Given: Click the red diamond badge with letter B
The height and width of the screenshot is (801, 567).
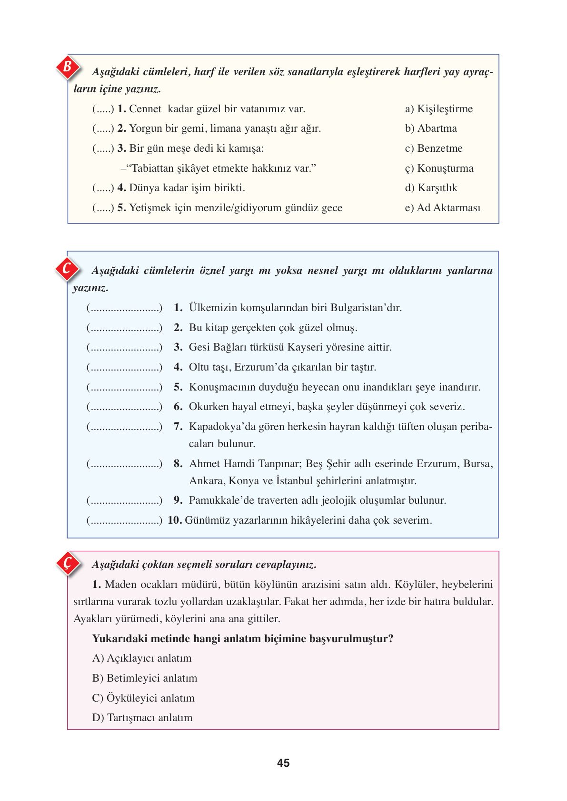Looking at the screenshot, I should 68,67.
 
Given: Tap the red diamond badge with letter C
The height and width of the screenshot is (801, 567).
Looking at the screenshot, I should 67,269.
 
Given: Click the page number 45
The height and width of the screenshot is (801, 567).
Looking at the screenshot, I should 283,763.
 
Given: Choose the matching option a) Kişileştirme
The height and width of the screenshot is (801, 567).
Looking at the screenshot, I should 438,109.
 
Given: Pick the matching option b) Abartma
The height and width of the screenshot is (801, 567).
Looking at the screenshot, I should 431,128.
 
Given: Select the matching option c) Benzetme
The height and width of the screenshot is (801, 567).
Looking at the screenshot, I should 434,148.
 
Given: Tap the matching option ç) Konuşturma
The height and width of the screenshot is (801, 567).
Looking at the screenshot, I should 439,168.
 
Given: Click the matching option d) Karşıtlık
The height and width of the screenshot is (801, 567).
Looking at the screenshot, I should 431,188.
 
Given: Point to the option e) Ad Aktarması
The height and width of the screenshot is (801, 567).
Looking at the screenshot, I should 442,208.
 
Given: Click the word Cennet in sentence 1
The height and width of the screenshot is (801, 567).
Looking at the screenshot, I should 145,109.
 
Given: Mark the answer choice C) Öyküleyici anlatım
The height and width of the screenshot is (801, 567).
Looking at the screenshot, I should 143,698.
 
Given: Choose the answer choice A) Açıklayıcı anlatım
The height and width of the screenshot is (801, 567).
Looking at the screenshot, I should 142,658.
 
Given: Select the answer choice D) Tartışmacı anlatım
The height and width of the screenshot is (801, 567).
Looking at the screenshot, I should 142,718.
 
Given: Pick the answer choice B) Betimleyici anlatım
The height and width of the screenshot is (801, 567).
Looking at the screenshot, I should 145,678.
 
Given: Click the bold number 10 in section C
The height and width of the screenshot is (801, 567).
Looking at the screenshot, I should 175,520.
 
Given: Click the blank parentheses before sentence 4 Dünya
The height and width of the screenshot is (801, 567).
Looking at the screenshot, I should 103,188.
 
